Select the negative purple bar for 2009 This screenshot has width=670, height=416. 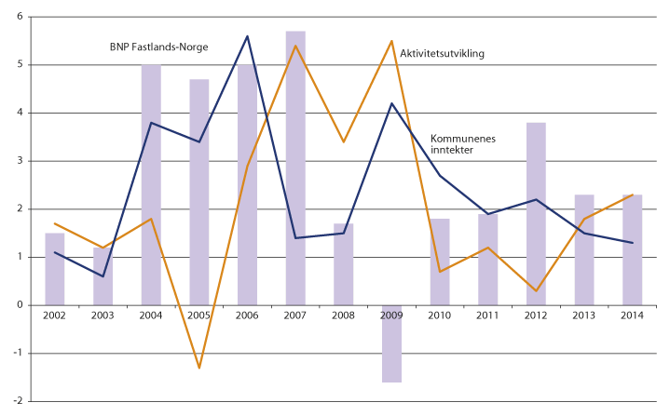[391, 343]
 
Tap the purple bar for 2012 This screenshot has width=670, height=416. [536, 213]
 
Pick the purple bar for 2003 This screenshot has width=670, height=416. [103, 275]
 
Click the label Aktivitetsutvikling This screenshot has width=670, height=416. [443, 53]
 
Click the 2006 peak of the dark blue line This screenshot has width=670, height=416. [248, 36]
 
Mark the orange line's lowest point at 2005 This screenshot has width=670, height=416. [199, 368]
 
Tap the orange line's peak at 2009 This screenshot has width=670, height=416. [391, 41]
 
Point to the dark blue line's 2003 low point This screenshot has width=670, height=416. [103, 275]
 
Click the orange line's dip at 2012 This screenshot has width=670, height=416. [536, 290]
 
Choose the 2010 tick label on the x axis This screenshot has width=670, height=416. [440, 315]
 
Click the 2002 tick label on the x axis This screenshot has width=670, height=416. [55, 315]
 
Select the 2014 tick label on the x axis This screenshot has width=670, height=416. [632, 315]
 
